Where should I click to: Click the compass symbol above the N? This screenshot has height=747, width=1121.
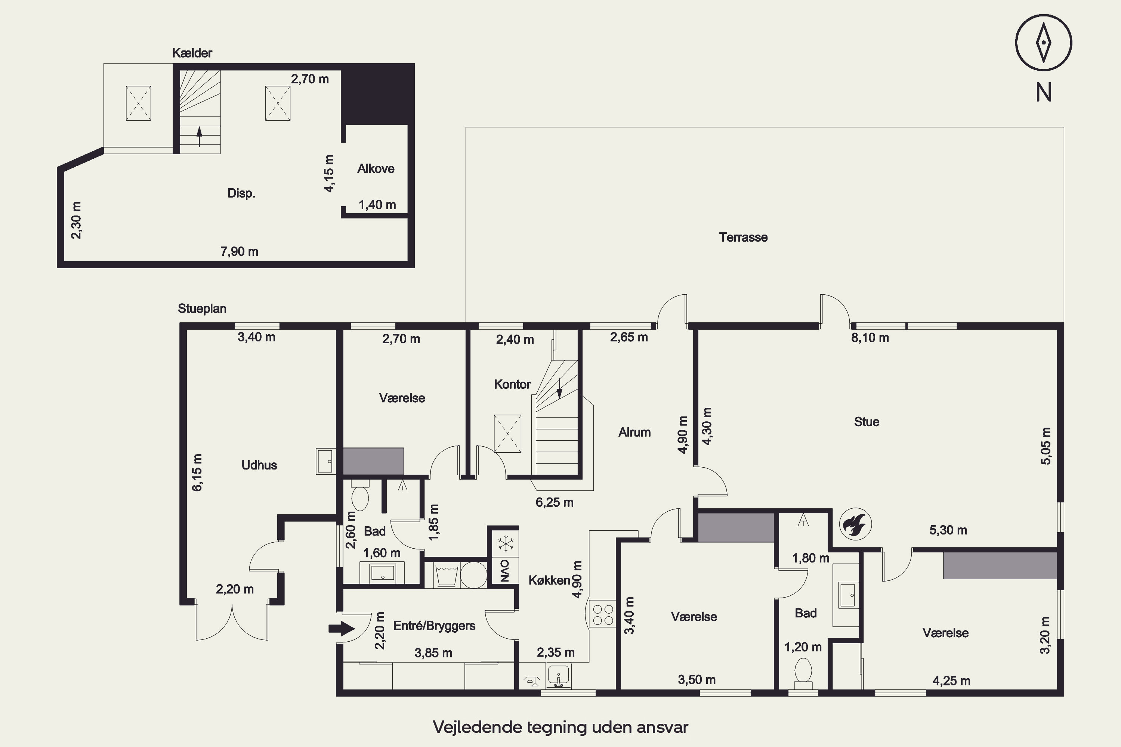click(x=1043, y=43)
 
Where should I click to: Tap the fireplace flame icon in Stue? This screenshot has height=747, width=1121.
click(x=856, y=524)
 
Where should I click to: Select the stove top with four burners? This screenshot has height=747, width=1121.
click(x=602, y=614)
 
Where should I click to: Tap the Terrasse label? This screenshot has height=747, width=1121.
click(x=743, y=237)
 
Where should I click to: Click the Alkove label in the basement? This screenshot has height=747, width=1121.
click(x=376, y=169)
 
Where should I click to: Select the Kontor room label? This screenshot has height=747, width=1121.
click(x=512, y=384)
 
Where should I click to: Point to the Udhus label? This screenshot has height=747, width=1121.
click(x=259, y=465)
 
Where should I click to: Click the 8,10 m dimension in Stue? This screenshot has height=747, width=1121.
click(x=870, y=338)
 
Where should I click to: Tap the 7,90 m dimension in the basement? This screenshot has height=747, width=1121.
click(x=239, y=251)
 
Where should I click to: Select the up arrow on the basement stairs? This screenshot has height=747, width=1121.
click(x=199, y=136)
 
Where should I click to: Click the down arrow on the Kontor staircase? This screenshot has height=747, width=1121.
click(x=559, y=388)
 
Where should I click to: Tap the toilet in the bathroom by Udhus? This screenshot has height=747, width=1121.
click(x=359, y=496)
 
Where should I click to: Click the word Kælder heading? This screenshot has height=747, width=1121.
click(x=192, y=53)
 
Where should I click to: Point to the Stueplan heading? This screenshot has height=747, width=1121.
click(x=202, y=309)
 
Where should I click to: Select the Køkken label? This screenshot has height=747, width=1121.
click(x=549, y=580)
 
